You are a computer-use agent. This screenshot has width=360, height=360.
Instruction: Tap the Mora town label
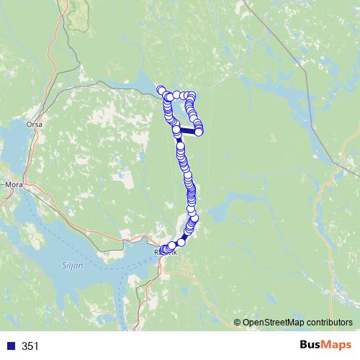[14, 184]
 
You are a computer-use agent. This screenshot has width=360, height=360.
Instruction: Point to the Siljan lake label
[74, 266]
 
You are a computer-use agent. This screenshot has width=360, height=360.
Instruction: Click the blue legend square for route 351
[10, 346]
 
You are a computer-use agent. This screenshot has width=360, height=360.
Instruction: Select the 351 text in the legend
[30, 346]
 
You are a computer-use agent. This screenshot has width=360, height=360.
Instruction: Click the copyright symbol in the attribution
[238, 323]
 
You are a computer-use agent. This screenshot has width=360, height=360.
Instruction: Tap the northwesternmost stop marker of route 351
[160, 90]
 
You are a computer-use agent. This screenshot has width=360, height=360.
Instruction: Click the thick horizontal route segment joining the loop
[187, 131]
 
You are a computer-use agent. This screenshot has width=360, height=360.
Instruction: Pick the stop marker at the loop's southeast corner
[198, 131]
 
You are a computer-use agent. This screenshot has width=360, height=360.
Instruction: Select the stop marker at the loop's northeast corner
[192, 96]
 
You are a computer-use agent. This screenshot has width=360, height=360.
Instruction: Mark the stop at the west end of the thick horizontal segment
[176, 130]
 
